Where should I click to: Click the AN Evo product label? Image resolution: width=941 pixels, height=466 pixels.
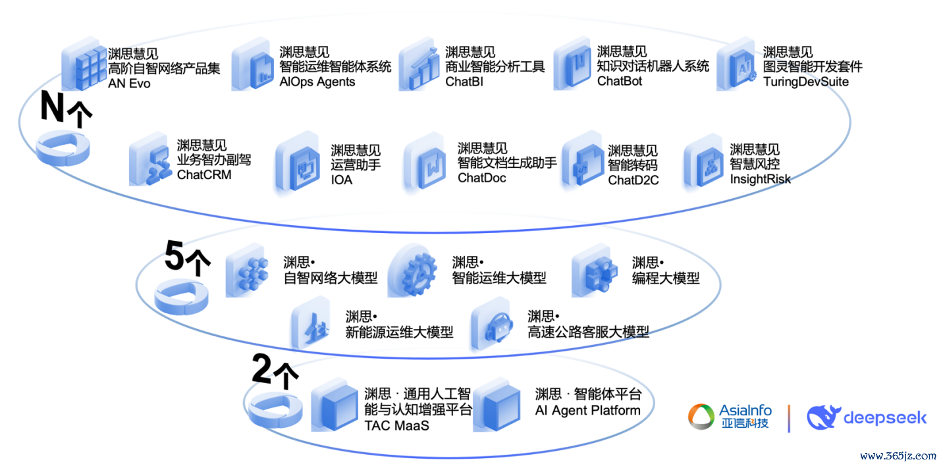coord(129,83)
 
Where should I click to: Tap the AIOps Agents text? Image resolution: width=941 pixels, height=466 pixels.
coord(317,82)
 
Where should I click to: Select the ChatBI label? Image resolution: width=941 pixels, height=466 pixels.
coord(464,82)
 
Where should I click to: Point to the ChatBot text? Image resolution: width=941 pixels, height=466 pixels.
coord(620,80)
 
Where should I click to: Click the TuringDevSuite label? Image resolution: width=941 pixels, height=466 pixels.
coord(806,82)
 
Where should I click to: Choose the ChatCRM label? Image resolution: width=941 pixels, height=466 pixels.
coord(204,174)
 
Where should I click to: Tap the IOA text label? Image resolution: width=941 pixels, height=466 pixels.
coord(342,180)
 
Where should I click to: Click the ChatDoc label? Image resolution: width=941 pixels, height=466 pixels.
coord(482,178)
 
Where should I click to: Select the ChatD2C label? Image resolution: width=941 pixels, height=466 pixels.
coord(633,180)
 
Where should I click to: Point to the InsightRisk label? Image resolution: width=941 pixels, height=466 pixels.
coord(760,179)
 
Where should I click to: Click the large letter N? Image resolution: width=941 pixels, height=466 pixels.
coord(53,107)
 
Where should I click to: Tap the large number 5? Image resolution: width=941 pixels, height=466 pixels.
coord(175,255)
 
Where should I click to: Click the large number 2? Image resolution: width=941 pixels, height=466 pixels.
coord(261,369)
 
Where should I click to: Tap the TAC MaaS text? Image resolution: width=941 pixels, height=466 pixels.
coord(396,425)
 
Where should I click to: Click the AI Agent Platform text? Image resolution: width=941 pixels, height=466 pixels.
coord(587,410)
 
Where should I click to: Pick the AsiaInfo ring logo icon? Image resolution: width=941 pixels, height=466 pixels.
coord(701,417)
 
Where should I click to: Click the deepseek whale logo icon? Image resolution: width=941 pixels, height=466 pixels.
coord(823,417)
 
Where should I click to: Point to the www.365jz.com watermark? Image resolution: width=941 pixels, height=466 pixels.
coord(898,455)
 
